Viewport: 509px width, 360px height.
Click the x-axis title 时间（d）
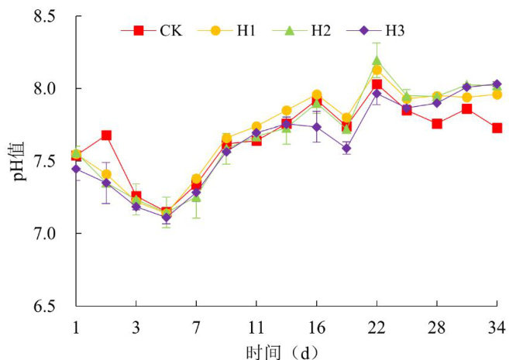pos(282,349)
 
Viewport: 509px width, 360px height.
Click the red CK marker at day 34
pos(497,128)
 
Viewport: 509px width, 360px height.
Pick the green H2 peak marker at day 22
pos(377,60)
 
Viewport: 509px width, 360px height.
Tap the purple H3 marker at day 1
pos(76,169)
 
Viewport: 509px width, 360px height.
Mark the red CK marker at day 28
pos(437,124)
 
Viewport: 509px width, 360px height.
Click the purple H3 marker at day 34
pos(497,84)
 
